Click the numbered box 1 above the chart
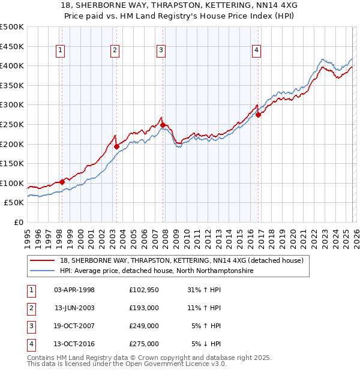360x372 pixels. (x=61, y=51)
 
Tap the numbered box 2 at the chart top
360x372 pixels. (x=115, y=51)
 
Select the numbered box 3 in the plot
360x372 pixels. (x=161, y=51)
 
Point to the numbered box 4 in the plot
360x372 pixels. (x=256, y=51)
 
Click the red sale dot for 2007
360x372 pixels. (x=163, y=125)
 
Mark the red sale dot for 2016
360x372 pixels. (x=258, y=115)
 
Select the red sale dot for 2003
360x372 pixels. (x=116, y=146)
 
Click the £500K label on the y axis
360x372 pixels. (x=12, y=27)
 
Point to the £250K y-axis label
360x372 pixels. (x=12, y=124)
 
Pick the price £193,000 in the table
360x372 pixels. (x=143, y=308)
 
